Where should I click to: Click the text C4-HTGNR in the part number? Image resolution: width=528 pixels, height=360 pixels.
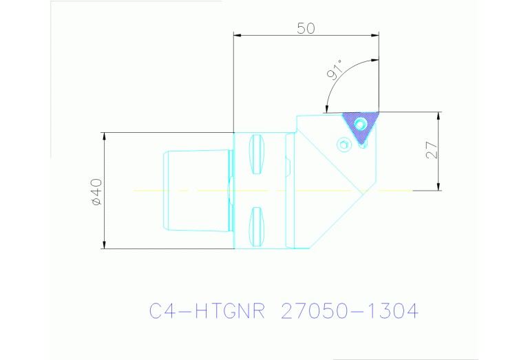205,311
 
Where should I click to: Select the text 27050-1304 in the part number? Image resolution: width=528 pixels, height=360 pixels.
350,311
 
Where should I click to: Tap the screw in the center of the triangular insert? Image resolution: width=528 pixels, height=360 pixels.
360,124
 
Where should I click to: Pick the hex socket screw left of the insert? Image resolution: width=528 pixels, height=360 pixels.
344,144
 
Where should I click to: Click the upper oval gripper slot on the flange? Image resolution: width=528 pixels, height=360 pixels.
256,154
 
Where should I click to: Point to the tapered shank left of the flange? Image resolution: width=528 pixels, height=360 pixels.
196,190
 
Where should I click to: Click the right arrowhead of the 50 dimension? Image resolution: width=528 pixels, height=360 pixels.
375,34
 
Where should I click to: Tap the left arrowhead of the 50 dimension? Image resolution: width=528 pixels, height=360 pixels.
238,34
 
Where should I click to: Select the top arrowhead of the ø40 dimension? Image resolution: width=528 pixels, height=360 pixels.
104,136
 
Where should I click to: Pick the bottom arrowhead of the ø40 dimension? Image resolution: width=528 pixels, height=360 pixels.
104,245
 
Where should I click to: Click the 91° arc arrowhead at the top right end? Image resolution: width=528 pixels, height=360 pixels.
374,60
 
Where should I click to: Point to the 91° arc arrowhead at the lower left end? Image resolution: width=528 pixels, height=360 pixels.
326,108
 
